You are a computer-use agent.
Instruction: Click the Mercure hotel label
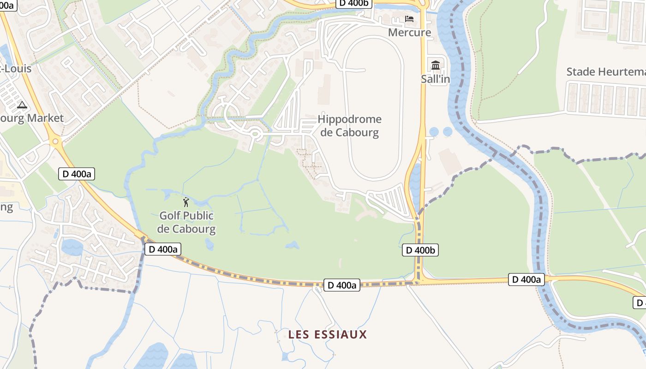[409, 32]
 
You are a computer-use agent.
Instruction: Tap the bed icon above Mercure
[409, 19]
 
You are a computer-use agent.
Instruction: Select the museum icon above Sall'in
[435, 65]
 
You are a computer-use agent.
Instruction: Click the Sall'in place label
[435, 79]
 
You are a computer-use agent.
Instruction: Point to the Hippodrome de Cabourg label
[350, 126]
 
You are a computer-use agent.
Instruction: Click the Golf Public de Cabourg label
[186, 222]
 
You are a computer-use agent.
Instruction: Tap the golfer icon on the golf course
[186, 202]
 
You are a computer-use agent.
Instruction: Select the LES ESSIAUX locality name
[328, 334]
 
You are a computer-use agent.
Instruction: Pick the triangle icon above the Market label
[22, 105]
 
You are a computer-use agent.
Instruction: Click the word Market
[44, 118]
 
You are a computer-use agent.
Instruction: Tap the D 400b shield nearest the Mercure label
[354, 3]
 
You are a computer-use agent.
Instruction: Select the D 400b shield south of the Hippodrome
[420, 250]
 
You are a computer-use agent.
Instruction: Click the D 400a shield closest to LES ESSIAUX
[341, 285]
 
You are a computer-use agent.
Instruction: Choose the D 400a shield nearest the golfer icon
[163, 249]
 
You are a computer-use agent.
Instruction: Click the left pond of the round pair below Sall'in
[434, 132]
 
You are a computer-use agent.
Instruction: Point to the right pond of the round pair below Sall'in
[448, 132]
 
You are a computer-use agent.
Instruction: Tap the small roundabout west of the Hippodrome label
[255, 134]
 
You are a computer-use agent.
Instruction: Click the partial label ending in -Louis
[16, 69]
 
